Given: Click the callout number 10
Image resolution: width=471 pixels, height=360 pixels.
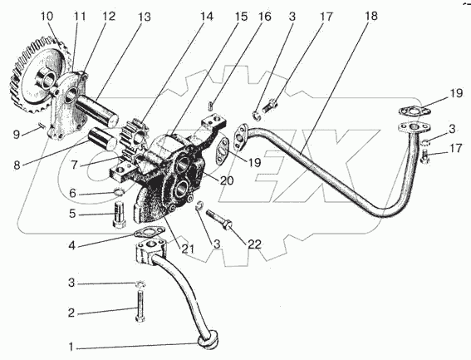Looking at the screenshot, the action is tap(47, 17).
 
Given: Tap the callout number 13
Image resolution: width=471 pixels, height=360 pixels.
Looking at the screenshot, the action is tap(144, 17).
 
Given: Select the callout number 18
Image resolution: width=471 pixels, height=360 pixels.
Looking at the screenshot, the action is tap(371, 16).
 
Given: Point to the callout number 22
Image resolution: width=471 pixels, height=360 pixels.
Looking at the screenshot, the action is tap(254, 244).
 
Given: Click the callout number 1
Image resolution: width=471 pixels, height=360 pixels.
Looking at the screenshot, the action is tap(71, 348).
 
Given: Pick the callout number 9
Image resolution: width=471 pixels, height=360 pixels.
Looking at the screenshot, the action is tap(17, 134).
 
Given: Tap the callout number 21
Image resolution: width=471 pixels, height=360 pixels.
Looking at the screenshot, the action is tap(188, 249).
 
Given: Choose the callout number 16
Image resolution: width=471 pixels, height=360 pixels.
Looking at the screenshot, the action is tap(264, 17).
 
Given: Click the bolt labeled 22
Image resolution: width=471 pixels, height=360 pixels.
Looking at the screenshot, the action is tap(219, 219).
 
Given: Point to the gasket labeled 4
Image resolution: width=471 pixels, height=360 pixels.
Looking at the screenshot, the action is tap(150, 232).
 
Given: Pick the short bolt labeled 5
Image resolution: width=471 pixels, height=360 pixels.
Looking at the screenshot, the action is tap(120, 215).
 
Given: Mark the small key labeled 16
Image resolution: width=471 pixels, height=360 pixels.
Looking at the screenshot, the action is tap(211, 106).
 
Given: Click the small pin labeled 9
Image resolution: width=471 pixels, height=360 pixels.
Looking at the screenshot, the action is tap(42, 125).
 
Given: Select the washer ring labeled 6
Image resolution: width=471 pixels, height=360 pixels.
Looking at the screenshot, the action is tap(120, 192).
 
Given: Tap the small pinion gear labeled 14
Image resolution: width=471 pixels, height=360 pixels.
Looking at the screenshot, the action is tap(133, 136).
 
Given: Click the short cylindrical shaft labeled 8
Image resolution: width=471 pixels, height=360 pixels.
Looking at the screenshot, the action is tap(102, 138).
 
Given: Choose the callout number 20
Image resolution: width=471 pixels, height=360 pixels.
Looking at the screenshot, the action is tap(227, 180).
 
